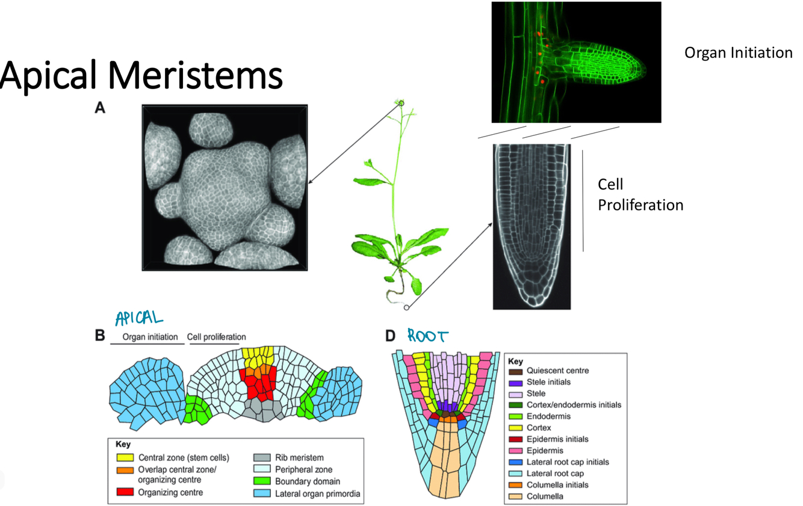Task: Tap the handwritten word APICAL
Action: tap(139, 317)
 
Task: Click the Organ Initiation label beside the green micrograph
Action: tap(738, 53)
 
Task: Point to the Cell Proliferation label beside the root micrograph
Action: tap(640, 194)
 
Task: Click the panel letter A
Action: tap(100, 108)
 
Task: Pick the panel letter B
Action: tap(101, 336)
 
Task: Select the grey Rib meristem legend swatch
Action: tap(261, 458)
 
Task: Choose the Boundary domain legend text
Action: tap(308, 481)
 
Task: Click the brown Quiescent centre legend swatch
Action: tap(515, 371)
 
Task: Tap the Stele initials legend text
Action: tap(548, 382)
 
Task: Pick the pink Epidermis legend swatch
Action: tap(515, 451)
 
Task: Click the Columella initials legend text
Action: tap(557, 485)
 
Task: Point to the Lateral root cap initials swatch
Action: tap(515, 462)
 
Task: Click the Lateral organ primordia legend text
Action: tap(318, 494)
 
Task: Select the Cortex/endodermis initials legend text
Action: tap(574, 405)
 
